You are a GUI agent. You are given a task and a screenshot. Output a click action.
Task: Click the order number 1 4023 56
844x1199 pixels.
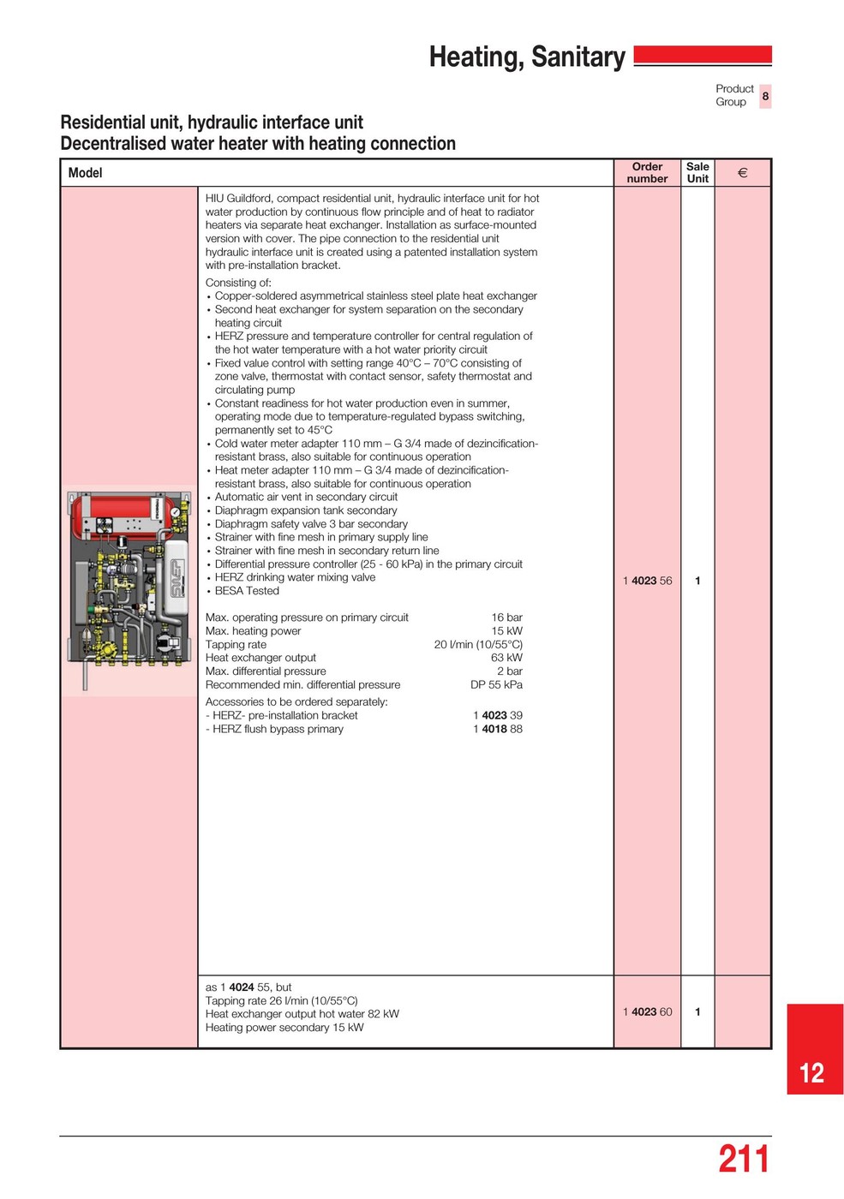tap(647, 581)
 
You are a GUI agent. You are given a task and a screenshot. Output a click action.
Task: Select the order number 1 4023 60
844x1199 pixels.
tap(647, 1011)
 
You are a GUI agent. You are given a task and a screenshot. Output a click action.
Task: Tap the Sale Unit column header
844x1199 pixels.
tap(697, 172)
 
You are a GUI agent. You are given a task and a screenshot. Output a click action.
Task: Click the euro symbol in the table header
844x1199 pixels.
tap(742, 172)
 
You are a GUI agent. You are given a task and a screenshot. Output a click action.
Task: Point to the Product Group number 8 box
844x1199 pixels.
tap(765, 96)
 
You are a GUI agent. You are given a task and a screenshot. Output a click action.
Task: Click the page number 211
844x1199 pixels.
tap(743, 1160)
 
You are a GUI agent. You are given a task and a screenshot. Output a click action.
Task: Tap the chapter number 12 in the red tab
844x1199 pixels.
tap(811, 1073)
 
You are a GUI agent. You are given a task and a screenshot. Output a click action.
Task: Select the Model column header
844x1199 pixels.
tap(85, 173)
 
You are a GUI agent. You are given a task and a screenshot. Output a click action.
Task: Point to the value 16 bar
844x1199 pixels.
tap(506, 617)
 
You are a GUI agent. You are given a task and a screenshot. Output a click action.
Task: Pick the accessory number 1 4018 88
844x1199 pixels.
tap(497, 729)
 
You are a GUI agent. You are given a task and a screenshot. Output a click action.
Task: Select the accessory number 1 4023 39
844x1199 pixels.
tap(497, 715)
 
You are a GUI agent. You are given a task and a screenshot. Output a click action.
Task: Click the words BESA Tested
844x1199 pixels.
tap(247, 591)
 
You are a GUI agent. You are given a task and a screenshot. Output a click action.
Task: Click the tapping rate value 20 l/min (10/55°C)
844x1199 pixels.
tap(478, 644)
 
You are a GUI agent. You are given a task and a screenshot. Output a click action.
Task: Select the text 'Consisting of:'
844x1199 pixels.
tap(238, 283)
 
